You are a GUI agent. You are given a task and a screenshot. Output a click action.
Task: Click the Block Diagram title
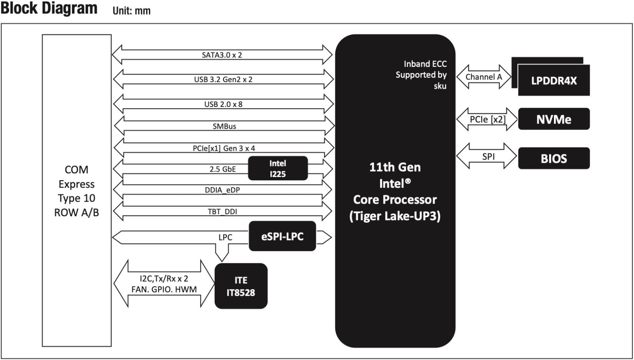49,8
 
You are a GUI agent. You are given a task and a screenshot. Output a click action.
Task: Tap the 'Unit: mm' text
132,11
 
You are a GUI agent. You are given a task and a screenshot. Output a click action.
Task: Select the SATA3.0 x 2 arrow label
222,55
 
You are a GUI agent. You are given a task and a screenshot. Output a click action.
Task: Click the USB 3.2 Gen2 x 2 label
223,79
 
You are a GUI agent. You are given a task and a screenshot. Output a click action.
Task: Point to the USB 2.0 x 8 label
223,104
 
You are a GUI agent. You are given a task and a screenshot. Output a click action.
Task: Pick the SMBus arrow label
224,126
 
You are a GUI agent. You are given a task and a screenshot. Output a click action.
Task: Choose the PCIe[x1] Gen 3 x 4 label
224,148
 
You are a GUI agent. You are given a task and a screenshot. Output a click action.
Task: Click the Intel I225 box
278,168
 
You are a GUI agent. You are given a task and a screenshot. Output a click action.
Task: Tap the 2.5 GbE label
223,169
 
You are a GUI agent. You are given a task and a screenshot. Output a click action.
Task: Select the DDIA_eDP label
222,190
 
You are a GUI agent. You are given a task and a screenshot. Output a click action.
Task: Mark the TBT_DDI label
222,211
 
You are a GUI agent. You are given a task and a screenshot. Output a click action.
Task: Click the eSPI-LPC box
282,236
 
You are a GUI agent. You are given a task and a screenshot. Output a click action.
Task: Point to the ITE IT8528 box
241,286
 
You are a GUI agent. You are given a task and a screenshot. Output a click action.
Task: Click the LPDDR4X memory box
554,81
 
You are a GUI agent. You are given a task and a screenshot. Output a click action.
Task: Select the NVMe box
554,119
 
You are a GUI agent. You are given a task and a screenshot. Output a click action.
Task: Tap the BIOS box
554,158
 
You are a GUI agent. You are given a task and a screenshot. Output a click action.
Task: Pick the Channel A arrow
483,77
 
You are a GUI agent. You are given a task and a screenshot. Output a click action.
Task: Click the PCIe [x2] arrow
487,119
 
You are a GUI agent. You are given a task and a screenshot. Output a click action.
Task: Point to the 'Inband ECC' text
425,64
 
